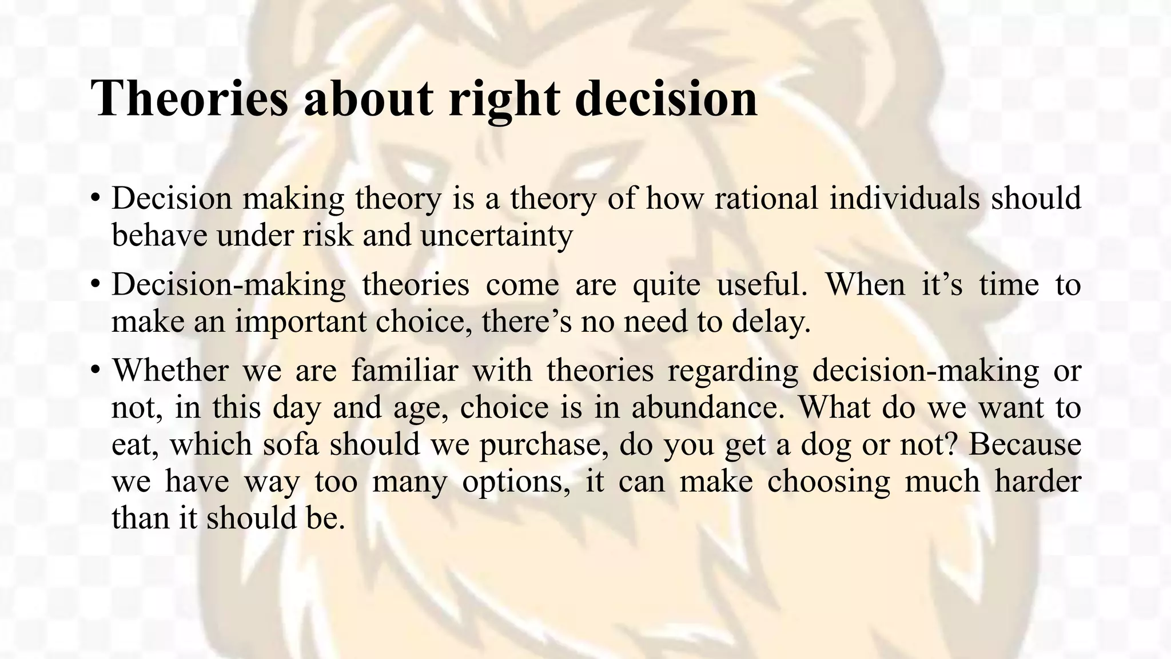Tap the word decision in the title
(666, 98)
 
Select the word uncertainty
(496, 235)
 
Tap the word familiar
(404, 370)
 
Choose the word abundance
(708, 407)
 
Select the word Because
(1025, 444)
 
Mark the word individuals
(904, 199)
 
